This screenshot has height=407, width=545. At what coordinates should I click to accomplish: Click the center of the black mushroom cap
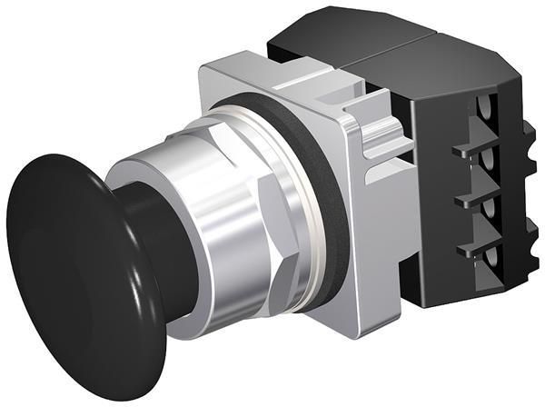click(68, 273)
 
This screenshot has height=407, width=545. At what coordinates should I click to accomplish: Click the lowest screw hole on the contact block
click(490, 263)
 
